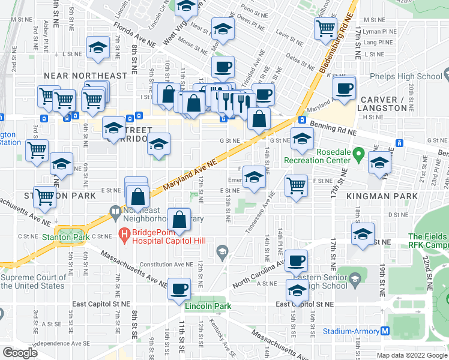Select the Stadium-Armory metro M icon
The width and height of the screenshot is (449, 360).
click(x=385, y=331)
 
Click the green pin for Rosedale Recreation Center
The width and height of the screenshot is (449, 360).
click(x=358, y=154)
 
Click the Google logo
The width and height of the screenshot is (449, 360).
click(x=20, y=352)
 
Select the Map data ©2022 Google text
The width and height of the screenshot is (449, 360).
click(x=411, y=355)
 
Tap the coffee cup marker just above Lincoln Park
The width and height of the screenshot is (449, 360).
click(x=178, y=289)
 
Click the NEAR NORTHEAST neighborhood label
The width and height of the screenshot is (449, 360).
click(x=85, y=76)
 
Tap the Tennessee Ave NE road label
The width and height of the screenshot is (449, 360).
click(x=259, y=214)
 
